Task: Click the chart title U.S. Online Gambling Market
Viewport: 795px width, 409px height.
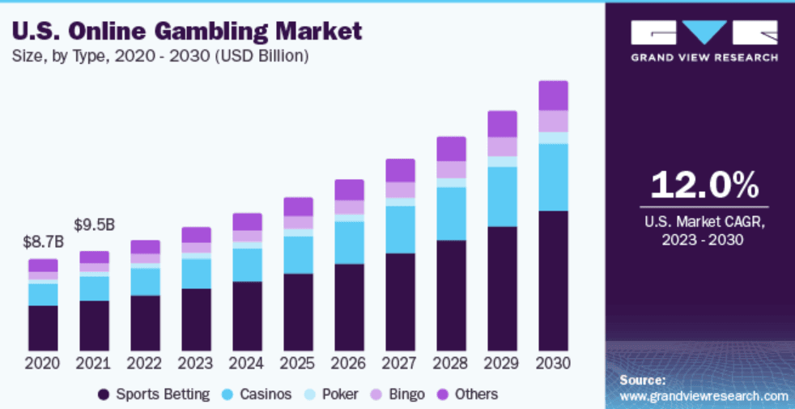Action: (x=187, y=32)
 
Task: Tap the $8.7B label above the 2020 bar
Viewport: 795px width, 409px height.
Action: (x=42, y=241)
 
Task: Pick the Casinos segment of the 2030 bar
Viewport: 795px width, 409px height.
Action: (x=553, y=177)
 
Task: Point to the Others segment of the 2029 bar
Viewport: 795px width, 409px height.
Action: (x=502, y=124)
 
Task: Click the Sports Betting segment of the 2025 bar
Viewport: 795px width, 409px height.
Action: (x=298, y=311)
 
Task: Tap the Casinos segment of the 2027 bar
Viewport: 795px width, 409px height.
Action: (x=400, y=229)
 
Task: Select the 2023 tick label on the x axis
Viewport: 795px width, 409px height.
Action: (x=196, y=363)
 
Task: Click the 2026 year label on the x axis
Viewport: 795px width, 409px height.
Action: (x=349, y=363)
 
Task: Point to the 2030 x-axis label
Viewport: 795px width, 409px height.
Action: (x=553, y=363)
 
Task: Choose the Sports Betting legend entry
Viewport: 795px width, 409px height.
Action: (x=153, y=394)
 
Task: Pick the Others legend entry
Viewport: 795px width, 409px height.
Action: (x=467, y=394)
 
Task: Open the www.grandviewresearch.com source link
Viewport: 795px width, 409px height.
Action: (x=704, y=396)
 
